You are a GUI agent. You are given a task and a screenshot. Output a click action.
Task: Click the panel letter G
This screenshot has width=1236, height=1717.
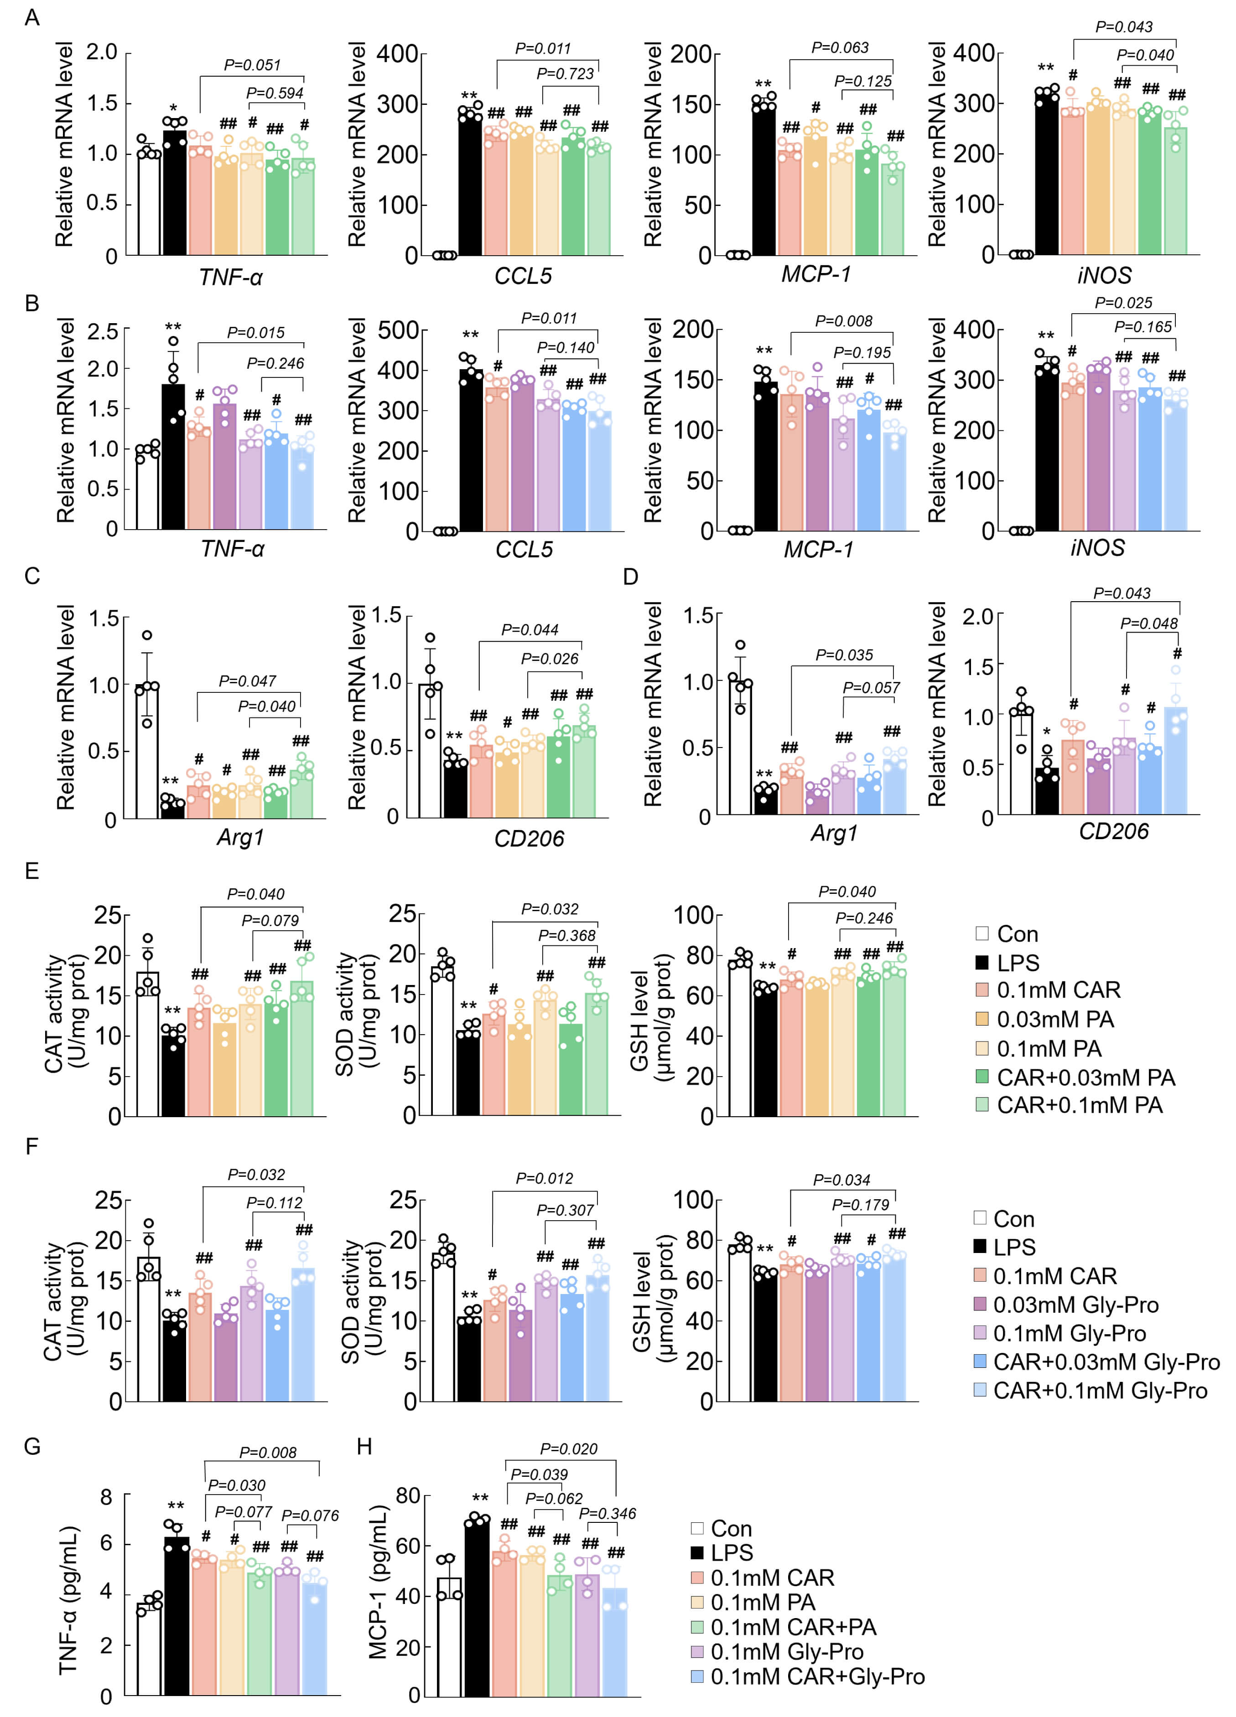[x=32, y=1447]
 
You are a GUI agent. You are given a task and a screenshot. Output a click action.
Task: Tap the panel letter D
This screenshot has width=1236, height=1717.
[x=630, y=577]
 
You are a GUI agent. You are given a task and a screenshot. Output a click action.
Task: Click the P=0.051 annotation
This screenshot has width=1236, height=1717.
[x=252, y=65]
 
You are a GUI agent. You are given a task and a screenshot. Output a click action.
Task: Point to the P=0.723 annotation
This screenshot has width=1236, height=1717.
[x=565, y=73]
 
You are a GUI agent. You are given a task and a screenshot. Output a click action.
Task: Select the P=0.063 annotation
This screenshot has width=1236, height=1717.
[x=840, y=48]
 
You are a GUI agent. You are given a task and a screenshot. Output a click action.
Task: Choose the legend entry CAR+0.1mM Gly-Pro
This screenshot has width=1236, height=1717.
[x=1100, y=1391]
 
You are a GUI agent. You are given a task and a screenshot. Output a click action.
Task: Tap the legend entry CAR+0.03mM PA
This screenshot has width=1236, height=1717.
[x=1085, y=1078]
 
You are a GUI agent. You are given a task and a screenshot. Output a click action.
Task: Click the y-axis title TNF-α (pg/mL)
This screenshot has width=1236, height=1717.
[x=68, y=1600]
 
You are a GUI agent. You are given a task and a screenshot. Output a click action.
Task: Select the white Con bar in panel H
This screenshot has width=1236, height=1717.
[x=449, y=1636]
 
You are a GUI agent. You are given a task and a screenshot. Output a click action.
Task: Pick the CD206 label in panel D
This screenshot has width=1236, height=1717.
[x=1113, y=832]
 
